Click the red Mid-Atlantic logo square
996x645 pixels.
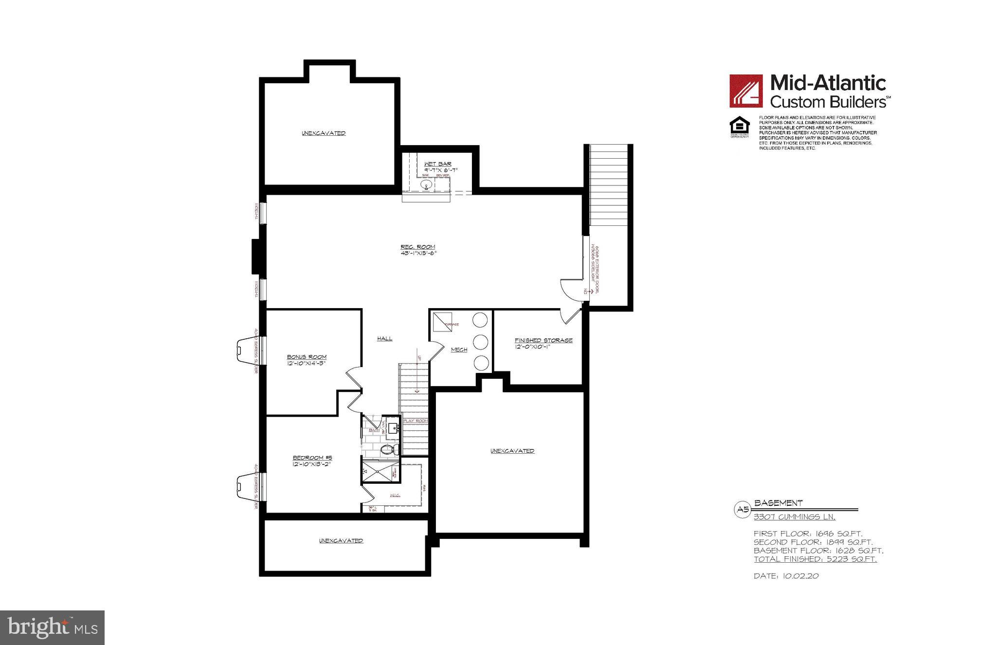pos(745,91)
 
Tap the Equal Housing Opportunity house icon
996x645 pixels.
pos(739,126)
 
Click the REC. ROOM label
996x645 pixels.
pos(417,247)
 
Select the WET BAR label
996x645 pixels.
pos(437,164)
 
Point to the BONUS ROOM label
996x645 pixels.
pos(307,357)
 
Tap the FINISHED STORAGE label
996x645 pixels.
pos(543,340)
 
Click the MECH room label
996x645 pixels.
pos(459,350)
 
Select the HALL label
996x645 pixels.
pos(384,338)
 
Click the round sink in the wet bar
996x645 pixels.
pos(426,185)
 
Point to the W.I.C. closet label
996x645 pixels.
pos(395,496)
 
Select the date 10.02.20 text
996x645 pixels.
pos(786,576)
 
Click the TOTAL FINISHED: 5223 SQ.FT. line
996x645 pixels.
pos(815,559)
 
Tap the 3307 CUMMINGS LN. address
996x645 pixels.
pos(797,517)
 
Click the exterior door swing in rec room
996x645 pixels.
pos(571,289)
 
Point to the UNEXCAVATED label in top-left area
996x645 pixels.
pos(324,133)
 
